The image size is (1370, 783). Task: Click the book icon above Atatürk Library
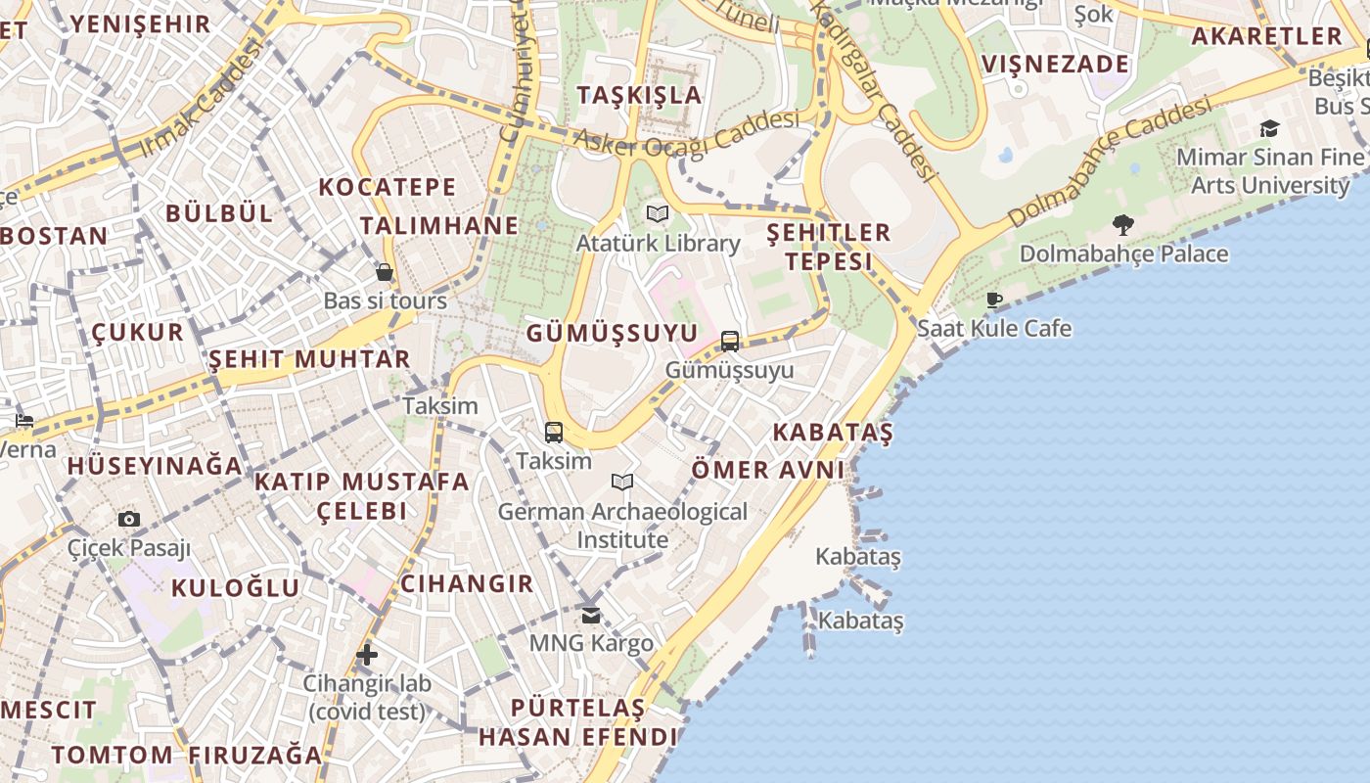(x=658, y=213)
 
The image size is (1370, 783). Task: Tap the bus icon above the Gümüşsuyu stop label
(x=730, y=341)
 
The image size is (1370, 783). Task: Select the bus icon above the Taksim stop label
(x=554, y=432)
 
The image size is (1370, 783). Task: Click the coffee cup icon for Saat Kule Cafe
(x=994, y=299)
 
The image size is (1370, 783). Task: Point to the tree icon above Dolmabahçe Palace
(x=1123, y=225)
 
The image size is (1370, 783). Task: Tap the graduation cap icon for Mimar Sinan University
(x=1269, y=128)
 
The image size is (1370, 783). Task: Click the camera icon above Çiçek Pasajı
(x=129, y=519)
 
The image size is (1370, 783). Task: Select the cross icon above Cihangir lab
(x=367, y=654)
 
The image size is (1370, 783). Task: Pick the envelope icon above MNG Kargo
(x=591, y=615)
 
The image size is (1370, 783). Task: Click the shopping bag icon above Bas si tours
(x=385, y=272)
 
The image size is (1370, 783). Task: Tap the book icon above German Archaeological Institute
(x=622, y=482)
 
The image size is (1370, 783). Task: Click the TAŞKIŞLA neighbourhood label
(x=640, y=95)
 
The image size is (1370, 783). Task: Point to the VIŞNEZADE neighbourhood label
(x=1055, y=65)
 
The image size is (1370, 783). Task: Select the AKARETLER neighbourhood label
(x=1266, y=36)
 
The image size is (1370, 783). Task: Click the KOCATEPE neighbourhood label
(x=388, y=187)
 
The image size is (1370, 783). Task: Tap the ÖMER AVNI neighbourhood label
(x=768, y=470)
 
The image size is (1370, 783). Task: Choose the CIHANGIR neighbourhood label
(x=467, y=584)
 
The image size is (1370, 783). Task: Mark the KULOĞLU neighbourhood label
(x=235, y=588)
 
